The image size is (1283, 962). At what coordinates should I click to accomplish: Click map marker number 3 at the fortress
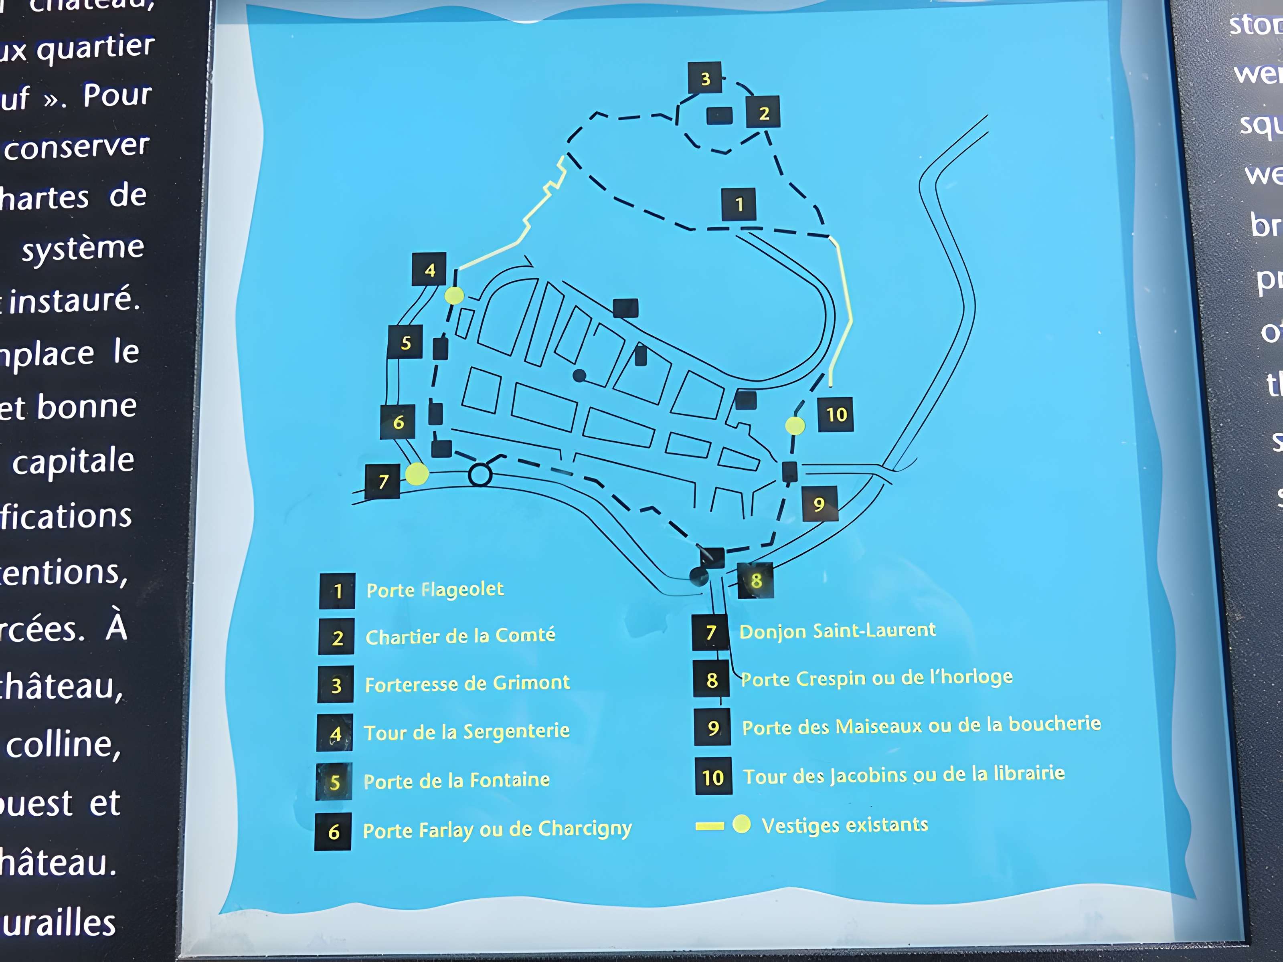pyautogui.click(x=705, y=78)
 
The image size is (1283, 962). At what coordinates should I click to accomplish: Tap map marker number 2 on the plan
pyautogui.click(x=763, y=113)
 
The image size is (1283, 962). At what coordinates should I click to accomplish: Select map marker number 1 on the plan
pyautogui.click(x=739, y=204)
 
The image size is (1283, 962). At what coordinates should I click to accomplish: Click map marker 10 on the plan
pyautogui.click(x=836, y=414)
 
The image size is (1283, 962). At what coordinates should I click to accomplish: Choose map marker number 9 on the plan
pyautogui.click(x=819, y=504)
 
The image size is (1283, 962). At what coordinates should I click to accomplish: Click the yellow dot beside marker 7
pyautogui.click(x=417, y=474)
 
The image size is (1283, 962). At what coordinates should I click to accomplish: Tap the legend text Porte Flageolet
pyautogui.click(x=435, y=590)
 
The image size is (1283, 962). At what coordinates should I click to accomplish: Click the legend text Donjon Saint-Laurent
pyautogui.click(x=838, y=631)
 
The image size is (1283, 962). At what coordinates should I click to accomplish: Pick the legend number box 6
pyautogui.click(x=333, y=832)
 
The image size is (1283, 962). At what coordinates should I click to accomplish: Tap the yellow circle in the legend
pyautogui.click(x=741, y=824)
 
